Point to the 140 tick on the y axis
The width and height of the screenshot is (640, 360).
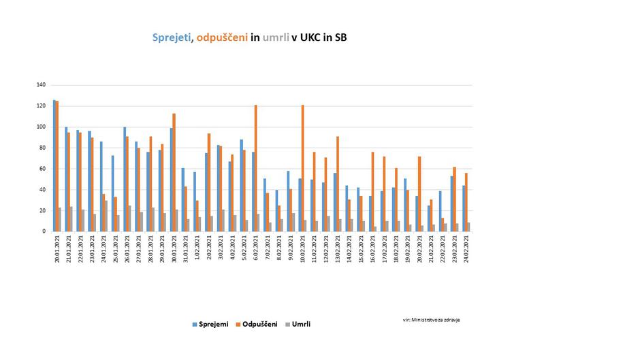coord(41,85)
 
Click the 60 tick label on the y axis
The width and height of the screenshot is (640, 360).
coord(42,169)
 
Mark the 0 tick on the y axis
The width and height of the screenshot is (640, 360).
coord(44,231)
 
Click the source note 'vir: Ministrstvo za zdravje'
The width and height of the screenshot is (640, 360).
coord(430,319)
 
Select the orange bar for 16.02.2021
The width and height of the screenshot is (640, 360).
coord(372,191)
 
